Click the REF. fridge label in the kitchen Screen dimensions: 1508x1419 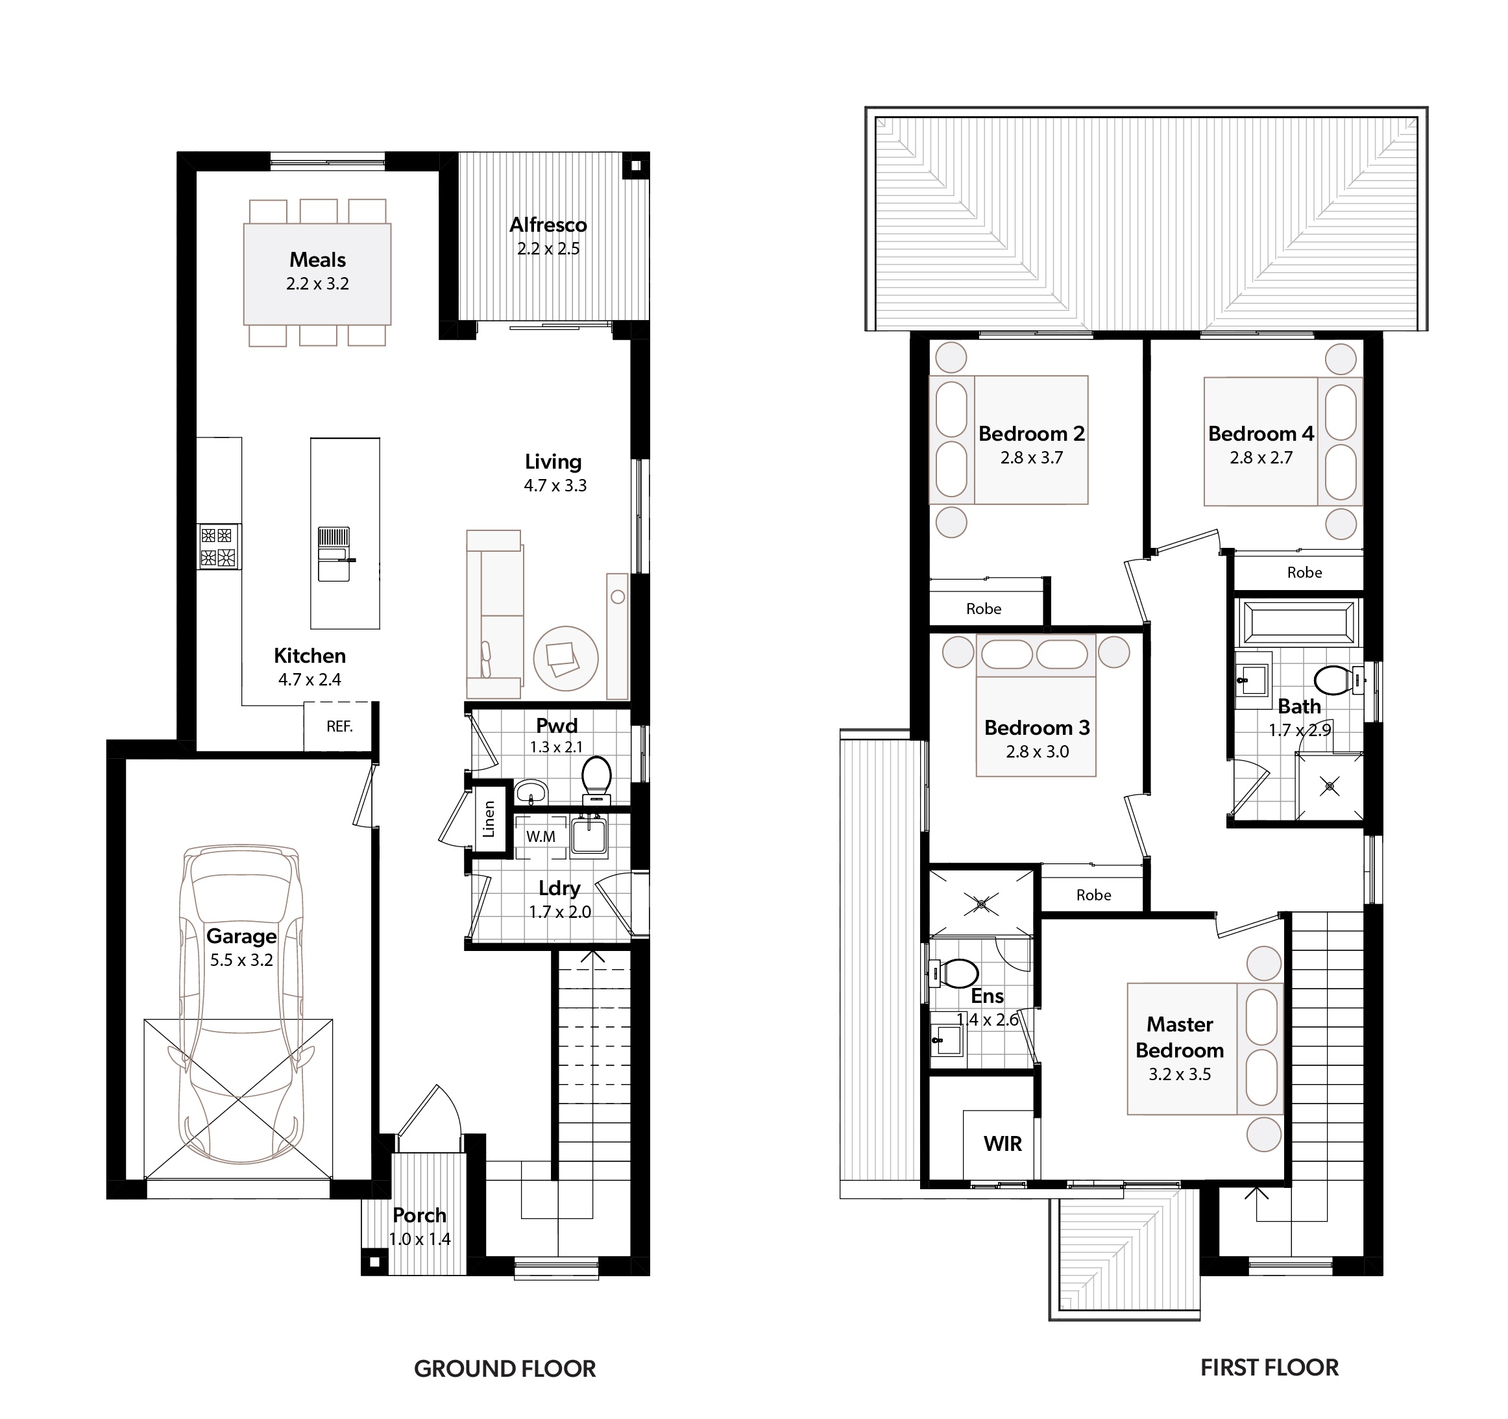(x=339, y=727)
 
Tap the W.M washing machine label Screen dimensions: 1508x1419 (x=541, y=837)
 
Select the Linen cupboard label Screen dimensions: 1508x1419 (x=489, y=820)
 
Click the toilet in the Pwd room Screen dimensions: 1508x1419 (x=596, y=780)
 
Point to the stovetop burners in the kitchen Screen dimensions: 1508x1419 (x=219, y=547)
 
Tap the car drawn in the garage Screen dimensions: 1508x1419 (x=241, y=1006)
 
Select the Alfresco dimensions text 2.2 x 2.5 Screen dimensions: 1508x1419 (x=548, y=249)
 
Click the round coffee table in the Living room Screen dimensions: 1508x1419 (x=566, y=658)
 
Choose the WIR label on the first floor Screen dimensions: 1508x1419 (x=1003, y=1144)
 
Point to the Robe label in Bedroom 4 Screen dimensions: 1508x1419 (x=1305, y=573)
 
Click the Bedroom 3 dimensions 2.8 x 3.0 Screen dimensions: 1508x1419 (x=1037, y=752)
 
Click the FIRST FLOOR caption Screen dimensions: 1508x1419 (x=1270, y=1368)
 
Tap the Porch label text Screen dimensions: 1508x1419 (x=419, y=1215)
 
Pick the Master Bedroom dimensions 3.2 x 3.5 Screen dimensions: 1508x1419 (x=1180, y=1074)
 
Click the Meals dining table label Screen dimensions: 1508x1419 (x=318, y=260)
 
